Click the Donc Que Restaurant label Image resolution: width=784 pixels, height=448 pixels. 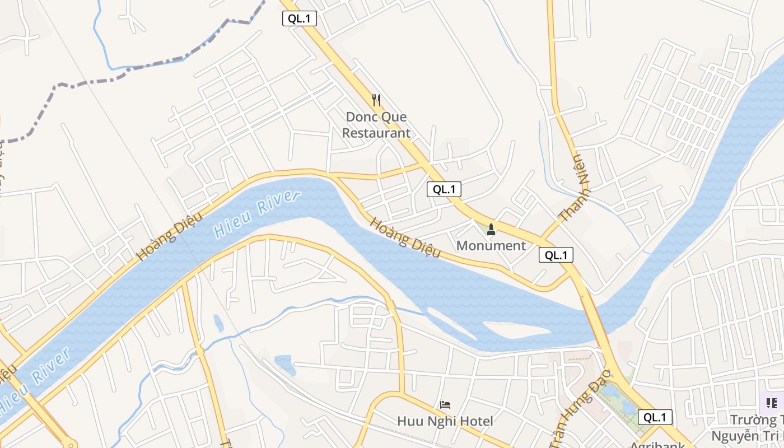(x=376, y=125)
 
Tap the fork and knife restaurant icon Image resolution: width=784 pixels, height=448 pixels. (x=376, y=100)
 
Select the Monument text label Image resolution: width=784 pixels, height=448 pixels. (x=491, y=246)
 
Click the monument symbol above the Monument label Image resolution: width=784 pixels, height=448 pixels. (x=491, y=229)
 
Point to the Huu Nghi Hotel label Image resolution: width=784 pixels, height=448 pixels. (x=445, y=421)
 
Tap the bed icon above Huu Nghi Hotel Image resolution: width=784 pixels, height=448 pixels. (x=445, y=404)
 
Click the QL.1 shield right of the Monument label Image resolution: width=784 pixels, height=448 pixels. (x=556, y=255)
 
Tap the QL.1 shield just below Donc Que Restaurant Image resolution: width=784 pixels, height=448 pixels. (x=444, y=189)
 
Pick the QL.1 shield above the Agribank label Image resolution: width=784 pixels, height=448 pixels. (x=655, y=417)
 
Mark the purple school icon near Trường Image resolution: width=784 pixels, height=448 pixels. (x=772, y=403)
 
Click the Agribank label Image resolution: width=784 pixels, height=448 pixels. (x=657, y=445)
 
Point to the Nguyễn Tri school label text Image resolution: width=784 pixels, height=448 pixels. (x=748, y=435)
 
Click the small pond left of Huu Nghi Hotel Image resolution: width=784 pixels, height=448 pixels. (x=285, y=364)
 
